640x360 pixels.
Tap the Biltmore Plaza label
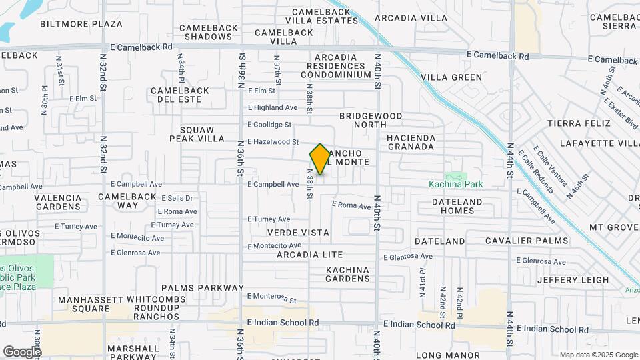pos(81,24)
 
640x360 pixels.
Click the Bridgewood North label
pos(371,120)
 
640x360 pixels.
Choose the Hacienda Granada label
pos(411,142)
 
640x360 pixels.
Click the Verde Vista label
pos(298,233)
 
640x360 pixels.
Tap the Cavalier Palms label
pos(527,241)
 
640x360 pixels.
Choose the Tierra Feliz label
pos(579,123)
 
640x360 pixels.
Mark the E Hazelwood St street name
pos(273,142)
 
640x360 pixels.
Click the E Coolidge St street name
pos(269,125)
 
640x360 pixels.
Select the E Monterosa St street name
pos(271,297)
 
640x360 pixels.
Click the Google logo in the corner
pos(22,351)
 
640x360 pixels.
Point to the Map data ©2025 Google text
pos(599,355)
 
